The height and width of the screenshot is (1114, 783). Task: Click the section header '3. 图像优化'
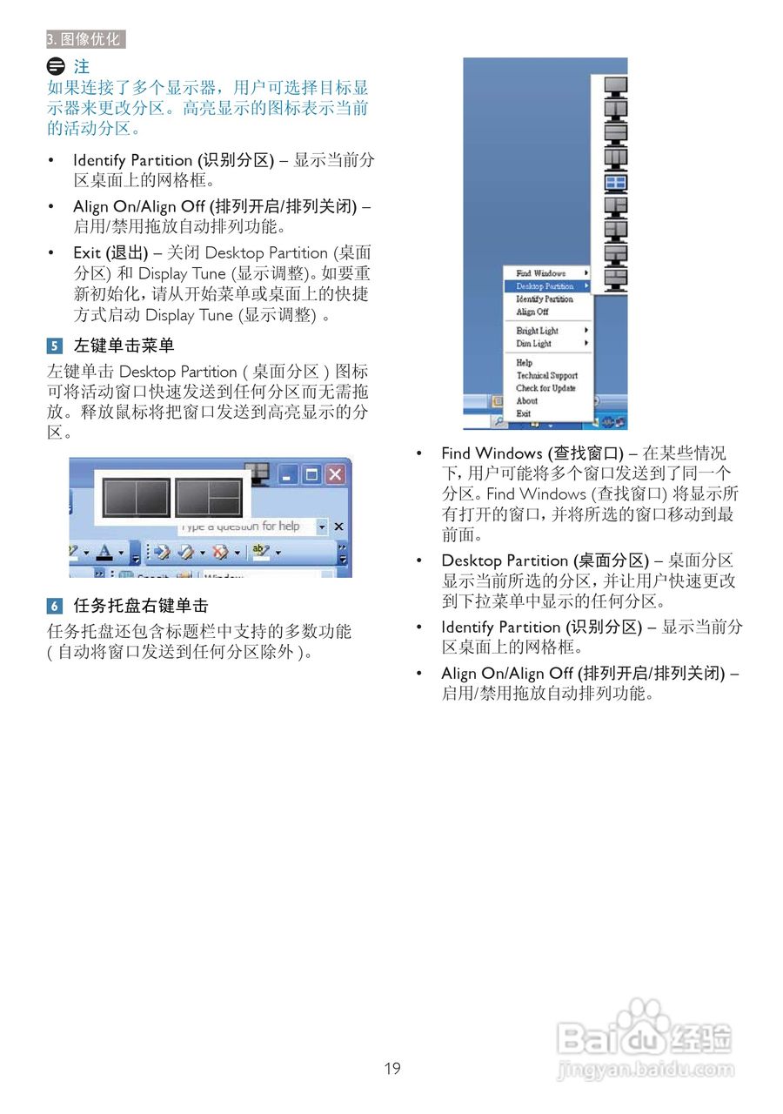(x=84, y=39)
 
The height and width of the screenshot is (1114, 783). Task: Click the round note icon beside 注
(x=56, y=66)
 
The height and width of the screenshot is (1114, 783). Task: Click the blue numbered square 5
(x=55, y=346)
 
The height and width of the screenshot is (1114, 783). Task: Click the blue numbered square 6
(x=55, y=606)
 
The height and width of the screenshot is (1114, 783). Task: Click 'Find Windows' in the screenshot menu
(x=540, y=273)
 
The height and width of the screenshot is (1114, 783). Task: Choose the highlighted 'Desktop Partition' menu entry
(x=545, y=286)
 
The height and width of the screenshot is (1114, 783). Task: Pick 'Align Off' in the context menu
(x=532, y=312)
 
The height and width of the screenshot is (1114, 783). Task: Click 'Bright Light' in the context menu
(x=538, y=331)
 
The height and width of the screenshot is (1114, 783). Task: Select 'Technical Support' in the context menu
(x=546, y=376)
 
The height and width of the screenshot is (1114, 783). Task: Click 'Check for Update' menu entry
(x=545, y=388)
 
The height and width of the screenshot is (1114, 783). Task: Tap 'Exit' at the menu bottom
(x=523, y=413)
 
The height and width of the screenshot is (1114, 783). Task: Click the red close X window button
(x=334, y=474)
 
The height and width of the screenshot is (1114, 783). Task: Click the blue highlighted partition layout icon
(x=616, y=183)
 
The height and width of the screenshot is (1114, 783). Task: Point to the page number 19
(x=392, y=1068)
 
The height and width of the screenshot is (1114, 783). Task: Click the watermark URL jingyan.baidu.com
(x=645, y=1070)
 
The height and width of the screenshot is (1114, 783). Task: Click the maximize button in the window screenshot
(x=311, y=474)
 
